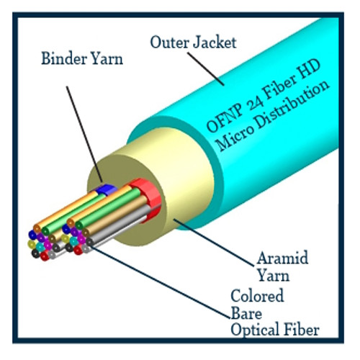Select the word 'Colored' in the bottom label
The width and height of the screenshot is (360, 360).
(257, 296)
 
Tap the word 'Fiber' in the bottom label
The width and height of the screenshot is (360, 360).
(302, 330)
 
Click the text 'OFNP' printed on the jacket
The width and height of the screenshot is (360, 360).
(230, 124)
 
